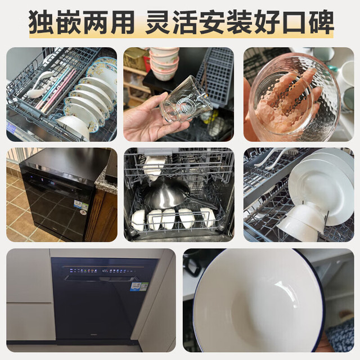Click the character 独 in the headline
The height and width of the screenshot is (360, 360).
tap(40, 22)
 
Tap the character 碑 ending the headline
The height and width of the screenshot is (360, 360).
tap(321, 22)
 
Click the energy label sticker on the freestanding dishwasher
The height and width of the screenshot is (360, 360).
tap(81, 205)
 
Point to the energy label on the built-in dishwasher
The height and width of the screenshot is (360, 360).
tap(139, 287)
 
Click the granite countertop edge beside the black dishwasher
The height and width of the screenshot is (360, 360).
tap(106, 181)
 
